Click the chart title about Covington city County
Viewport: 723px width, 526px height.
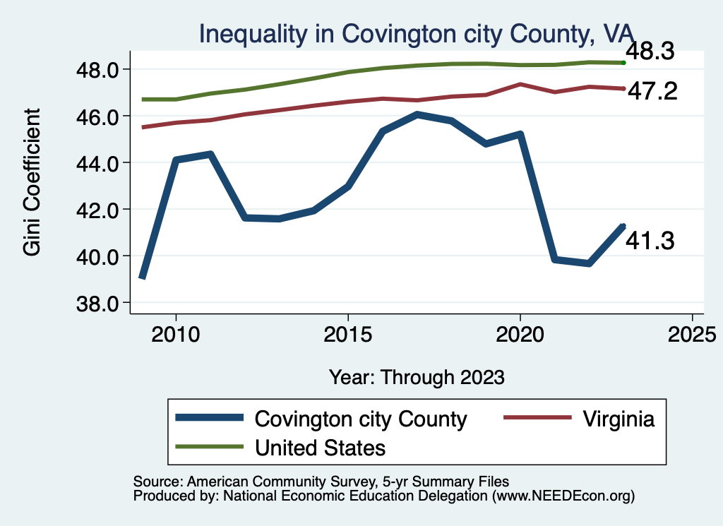click(417, 32)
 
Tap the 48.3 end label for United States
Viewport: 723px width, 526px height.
click(650, 52)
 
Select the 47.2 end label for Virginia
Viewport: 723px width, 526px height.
click(652, 90)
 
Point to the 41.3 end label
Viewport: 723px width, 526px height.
click(650, 241)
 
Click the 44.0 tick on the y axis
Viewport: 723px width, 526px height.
click(100, 162)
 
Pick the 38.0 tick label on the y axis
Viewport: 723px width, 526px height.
click(100, 303)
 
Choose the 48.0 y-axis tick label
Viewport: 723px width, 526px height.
click(100, 69)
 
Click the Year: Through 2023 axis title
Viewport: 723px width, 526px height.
click(417, 377)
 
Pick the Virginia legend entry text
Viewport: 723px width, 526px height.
click(619, 419)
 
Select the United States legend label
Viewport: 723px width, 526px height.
click(320, 447)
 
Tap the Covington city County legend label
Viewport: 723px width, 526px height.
click(361, 419)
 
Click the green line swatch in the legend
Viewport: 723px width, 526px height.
click(210, 447)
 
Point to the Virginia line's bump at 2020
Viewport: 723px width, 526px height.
click(520, 84)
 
